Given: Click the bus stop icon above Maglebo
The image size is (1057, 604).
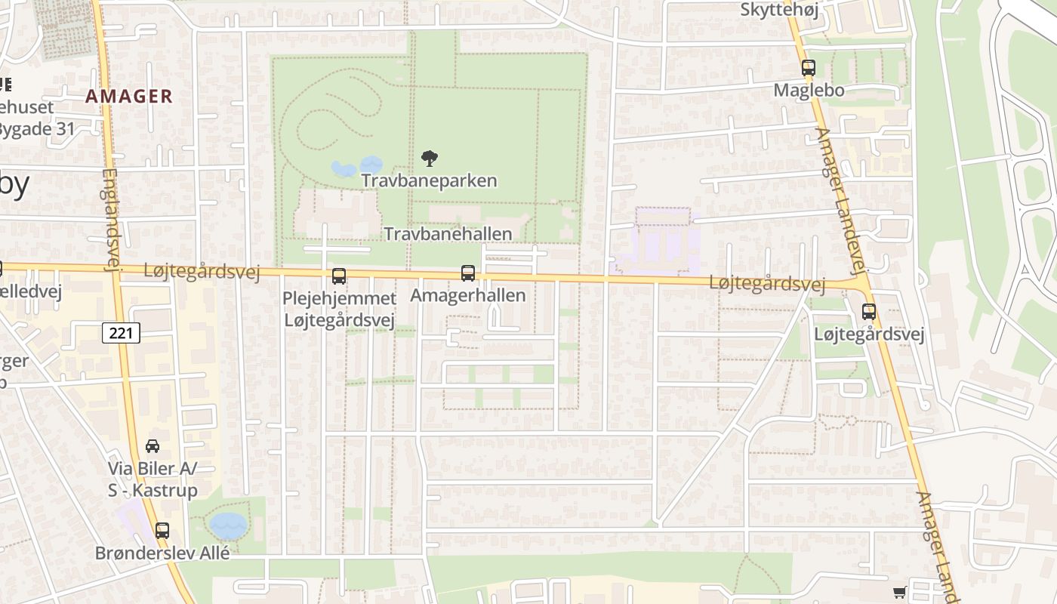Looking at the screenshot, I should [x=809, y=68].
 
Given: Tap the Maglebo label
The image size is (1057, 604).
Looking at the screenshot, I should [x=809, y=91].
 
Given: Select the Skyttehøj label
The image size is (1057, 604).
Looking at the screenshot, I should [x=778, y=10].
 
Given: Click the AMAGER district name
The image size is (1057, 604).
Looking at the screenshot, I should [x=129, y=97].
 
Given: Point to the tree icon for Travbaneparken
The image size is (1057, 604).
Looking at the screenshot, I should [x=430, y=159].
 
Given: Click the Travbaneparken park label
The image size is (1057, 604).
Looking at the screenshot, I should [x=429, y=181].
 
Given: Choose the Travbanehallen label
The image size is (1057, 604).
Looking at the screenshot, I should [x=448, y=234].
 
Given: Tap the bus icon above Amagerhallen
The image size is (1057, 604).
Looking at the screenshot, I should [x=468, y=273].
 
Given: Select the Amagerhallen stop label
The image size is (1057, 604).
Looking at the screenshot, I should [x=467, y=295].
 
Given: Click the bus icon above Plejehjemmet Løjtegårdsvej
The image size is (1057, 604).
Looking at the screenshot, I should [x=339, y=276].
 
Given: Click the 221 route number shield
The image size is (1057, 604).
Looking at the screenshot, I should [x=121, y=332].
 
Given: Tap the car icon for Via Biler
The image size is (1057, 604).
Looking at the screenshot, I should [x=153, y=446].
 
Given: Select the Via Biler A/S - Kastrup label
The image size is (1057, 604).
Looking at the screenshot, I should [x=152, y=479].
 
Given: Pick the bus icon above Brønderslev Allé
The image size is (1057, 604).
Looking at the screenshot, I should [x=162, y=530].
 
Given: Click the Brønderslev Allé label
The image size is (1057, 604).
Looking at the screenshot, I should [x=162, y=553].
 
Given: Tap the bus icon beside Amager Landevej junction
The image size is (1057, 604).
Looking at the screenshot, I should [x=869, y=311].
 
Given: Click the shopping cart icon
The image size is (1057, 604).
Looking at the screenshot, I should [x=899, y=593].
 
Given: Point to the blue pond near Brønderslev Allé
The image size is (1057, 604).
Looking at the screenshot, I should [x=228, y=525].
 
